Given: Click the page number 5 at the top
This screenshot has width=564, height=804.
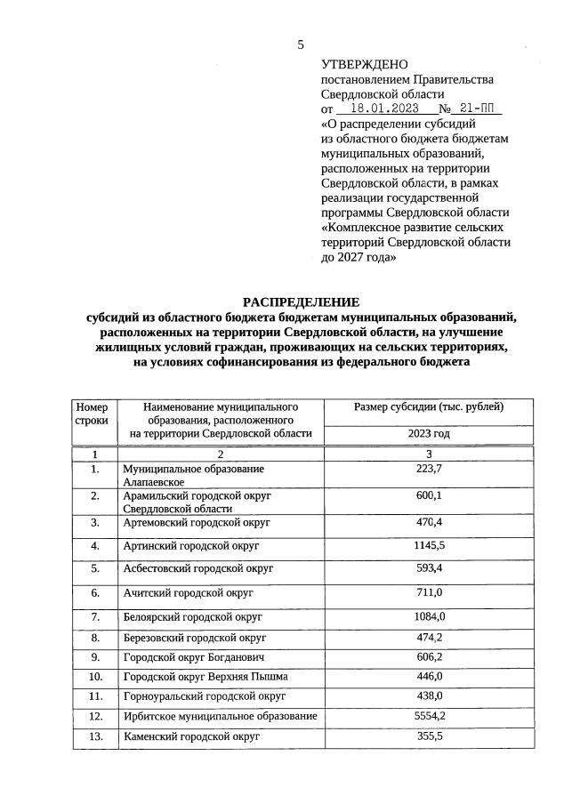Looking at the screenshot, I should pyautogui.click(x=301, y=44).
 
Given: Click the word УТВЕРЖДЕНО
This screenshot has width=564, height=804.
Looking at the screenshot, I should pyautogui.click(x=364, y=64).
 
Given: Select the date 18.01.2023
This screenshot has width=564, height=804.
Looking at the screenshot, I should pyautogui.click(x=378, y=109).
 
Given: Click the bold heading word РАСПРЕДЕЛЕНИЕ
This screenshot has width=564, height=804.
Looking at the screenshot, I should pyautogui.click(x=301, y=301).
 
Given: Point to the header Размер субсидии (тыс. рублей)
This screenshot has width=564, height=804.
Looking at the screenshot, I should pyautogui.click(x=429, y=407).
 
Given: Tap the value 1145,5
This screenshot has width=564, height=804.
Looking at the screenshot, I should pyautogui.click(x=429, y=544).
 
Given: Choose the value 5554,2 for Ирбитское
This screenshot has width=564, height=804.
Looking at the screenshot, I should pyautogui.click(x=429, y=715).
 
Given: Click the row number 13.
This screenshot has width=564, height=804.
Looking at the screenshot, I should pyautogui.click(x=95, y=736).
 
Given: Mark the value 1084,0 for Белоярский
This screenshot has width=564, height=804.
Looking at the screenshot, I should pyautogui.click(x=429, y=616).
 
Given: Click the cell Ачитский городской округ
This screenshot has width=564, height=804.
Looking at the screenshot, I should pyautogui.click(x=189, y=592).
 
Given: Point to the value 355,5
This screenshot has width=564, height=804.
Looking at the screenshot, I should pyautogui.click(x=429, y=736).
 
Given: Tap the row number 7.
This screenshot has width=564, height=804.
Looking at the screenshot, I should pyautogui.click(x=95, y=616).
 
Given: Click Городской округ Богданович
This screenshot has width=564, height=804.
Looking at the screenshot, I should pyautogui.click(x=194, y=656).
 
